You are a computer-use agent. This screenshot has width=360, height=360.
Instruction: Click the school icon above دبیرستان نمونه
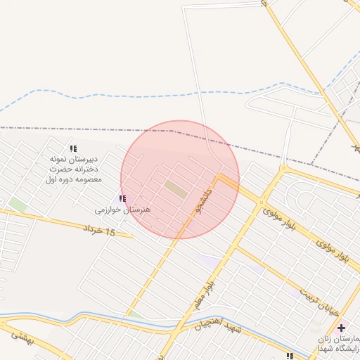click(x=73, y=148)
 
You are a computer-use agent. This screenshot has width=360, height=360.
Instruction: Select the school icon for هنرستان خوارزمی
click(x=123, y=199)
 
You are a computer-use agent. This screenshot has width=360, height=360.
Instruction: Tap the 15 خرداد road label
click(x=99, y=230)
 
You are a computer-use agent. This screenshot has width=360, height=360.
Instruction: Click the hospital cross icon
click(x=341, y=328)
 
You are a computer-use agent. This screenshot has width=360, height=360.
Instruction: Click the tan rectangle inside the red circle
click(x=176, y=188)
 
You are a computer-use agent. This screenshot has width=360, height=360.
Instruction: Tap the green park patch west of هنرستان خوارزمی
click(x=18, y=205)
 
